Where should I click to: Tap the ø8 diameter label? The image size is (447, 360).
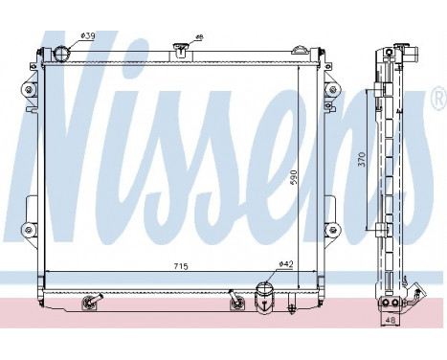point(199,37)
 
